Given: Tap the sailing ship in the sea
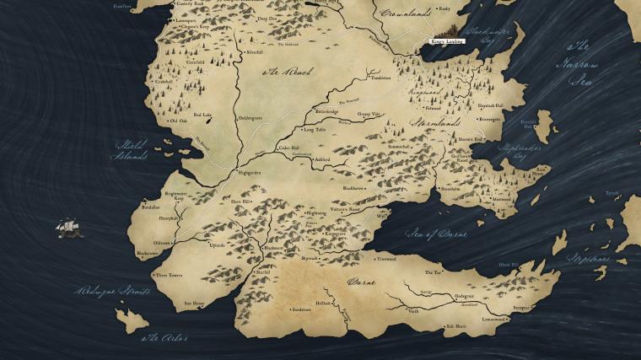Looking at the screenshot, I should coord(69,228).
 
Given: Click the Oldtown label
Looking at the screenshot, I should coord(162,243).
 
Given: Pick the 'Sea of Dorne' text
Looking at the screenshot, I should coord(435,234).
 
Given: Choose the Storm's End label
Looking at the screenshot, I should coord(470,139).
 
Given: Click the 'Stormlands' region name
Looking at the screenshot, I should coord(433,122).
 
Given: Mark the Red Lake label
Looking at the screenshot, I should coord(202,115).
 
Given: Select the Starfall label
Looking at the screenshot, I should coord(263,272).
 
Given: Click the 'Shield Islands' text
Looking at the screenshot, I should coord(131,149).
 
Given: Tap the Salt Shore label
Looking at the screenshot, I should coord(455,325).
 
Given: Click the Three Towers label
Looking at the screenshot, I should coord(170,275).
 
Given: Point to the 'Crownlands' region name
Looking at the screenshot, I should coord(405,13).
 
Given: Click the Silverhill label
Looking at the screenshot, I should coord(254,52).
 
